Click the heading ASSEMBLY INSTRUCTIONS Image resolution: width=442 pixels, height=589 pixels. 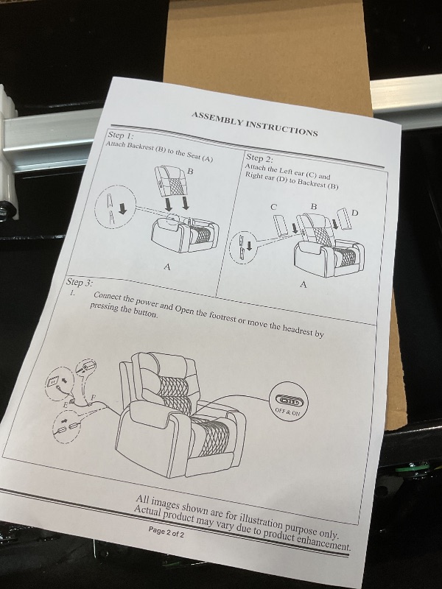[x=255, y=124]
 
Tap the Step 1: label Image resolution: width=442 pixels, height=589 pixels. [x=121, y=135]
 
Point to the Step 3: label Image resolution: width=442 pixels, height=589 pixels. [x=80, y=282]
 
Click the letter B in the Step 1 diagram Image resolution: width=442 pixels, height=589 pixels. [x=190, y=172]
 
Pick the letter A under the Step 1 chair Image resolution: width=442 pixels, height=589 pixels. [x=167, y=267]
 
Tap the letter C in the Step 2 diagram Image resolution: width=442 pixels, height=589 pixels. [x=273, y=207]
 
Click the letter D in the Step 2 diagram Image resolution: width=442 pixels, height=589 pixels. [x=354, y=214]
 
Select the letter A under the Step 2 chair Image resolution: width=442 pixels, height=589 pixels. [x=304, y=285]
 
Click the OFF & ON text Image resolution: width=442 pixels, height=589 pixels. [x=287, y=412]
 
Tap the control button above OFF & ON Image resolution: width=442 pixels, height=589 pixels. [x=288, y=401]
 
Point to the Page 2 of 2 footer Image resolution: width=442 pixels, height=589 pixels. [x=166, y=532]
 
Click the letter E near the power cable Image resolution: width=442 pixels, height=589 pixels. [x=65, y=405]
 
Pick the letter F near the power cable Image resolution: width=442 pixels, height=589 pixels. [x=94, y=397]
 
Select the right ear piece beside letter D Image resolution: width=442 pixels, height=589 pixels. [x=344, y=219]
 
